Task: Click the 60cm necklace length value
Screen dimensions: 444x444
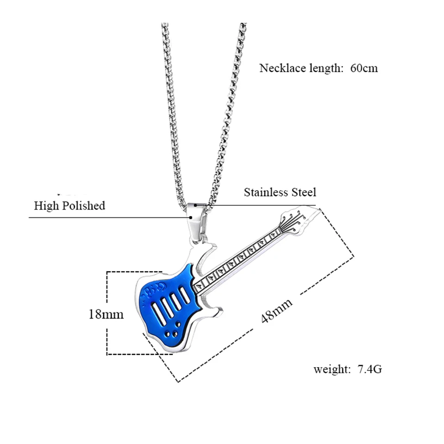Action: coord(364,68)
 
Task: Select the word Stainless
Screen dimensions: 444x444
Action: coord(265,192)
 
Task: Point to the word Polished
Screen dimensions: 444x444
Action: coord(84,205)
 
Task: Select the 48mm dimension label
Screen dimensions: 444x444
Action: coord(277,311)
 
